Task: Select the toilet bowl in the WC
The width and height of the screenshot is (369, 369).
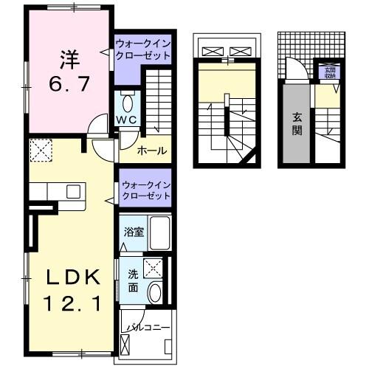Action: (x=127, y=103)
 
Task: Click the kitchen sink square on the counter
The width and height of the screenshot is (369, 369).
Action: (x=74, y=191)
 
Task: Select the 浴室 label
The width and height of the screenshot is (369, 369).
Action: (x=134, y=232)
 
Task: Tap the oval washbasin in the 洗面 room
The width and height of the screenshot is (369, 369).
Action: (x=155, y=293)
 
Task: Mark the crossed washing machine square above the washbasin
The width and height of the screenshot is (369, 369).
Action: (x=154, y=267)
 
